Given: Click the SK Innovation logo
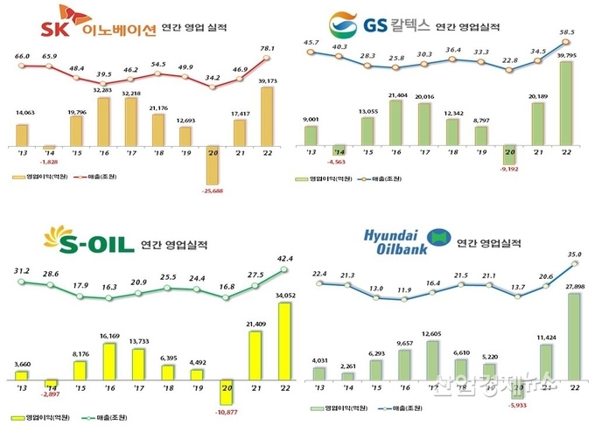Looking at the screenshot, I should (x=96, y=27).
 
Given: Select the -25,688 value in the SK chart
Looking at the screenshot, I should (x=213, y=191).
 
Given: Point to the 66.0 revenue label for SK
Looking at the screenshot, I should (x=23, y=56).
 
